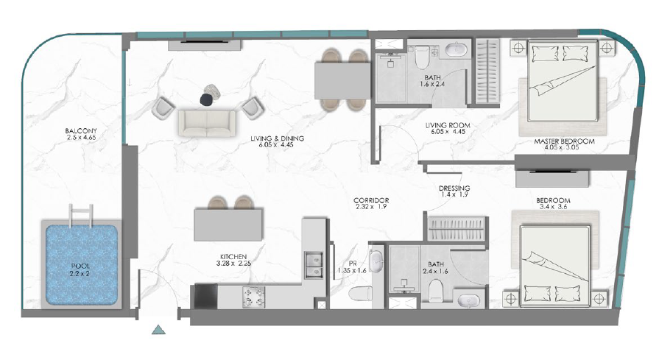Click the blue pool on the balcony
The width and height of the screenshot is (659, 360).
(x=81, y=264)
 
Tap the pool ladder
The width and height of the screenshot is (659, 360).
(x=82, y=215)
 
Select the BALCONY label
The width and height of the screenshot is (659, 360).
(x=81, y=130)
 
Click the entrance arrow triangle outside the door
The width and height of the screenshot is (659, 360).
(x=158, y=330)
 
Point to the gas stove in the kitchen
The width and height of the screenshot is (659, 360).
(x=253, y=295)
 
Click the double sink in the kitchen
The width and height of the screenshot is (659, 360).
(x=314, y=265)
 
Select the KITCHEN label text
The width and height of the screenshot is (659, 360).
(x=233, y=257)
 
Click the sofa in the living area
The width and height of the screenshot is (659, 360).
(x=206, y=123)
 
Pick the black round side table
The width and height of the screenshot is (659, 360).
(x=206, y=99)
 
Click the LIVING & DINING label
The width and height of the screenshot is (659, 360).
(x=277, y=138)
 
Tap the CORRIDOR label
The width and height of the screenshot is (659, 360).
(x=371, y=200)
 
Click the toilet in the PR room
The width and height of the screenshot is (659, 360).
(x=361, y=293)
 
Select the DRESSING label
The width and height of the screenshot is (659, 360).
(x=454, y=188)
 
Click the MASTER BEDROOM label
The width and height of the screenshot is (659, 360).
(x=564, y=141)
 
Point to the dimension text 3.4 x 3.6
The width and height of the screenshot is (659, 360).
(x=553, y=207)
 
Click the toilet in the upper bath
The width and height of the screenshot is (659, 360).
(x=421, y=57)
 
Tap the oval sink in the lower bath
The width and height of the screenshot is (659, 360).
(x=468, y=301)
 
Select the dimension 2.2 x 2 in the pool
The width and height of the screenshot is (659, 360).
(x=80, y=273)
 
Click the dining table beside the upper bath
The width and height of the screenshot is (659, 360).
(x=342, y=81)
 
